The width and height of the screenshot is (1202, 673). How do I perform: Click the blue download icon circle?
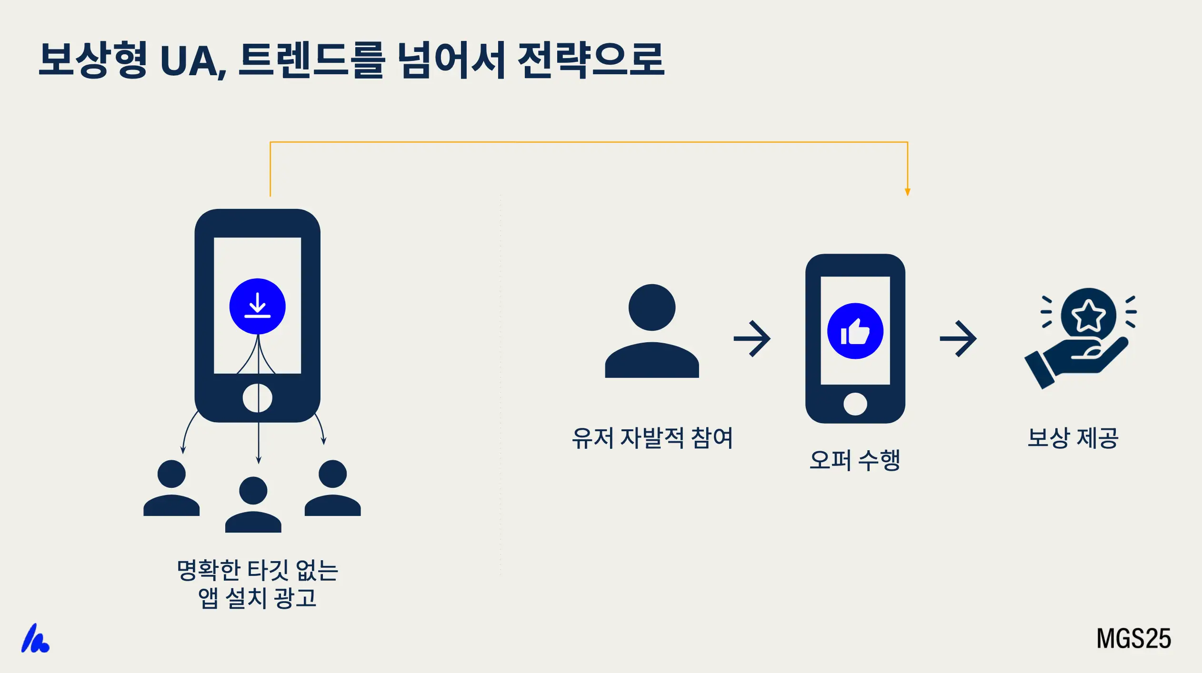click(257, 306)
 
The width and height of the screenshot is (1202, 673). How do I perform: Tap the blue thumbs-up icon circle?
click(855, 331)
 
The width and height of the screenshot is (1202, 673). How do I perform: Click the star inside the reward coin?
click(1088, 315)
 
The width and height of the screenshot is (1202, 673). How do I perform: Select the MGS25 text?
click(1133, 638)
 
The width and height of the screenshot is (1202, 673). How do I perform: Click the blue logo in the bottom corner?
click(35, 639)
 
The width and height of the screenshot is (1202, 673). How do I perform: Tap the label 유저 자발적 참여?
click(652, 438)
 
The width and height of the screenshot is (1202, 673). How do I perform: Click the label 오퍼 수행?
click(855, 460)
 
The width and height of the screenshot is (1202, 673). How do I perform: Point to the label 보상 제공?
click(1072, 438)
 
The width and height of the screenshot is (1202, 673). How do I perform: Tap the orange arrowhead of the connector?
click(907, 192)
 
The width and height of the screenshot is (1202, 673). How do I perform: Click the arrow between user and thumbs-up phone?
click(752, 338)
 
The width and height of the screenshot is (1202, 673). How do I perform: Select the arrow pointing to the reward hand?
click(958, 338)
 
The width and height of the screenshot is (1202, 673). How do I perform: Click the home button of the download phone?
click(257, 398)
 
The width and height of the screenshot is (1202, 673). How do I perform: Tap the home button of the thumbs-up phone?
click(855, 404)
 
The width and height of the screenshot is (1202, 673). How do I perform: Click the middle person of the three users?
click(253, 505)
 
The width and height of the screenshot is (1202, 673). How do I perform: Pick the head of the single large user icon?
click(651, 307)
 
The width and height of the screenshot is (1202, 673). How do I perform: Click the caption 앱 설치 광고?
click(257, 598)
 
